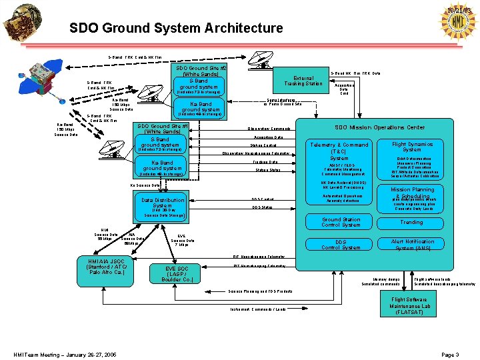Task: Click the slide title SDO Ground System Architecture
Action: (x=176, y=28)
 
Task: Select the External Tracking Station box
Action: (x=303, y=80)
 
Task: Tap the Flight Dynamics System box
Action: (x=412, y=147)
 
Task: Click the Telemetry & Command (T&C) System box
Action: (x=339, y=151)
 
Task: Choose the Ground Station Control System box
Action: (x=341, y=222)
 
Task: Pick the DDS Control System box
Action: (x=341, y=245)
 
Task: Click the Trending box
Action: (x=411, y=222)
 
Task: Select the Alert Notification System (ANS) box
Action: (x=412, y=245)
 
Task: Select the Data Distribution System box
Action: (x=163, y=203)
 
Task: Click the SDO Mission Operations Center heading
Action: (x=379, y=127)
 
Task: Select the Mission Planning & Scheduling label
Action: (x=412, y=193)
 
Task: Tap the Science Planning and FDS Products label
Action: (x=260, y=291)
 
